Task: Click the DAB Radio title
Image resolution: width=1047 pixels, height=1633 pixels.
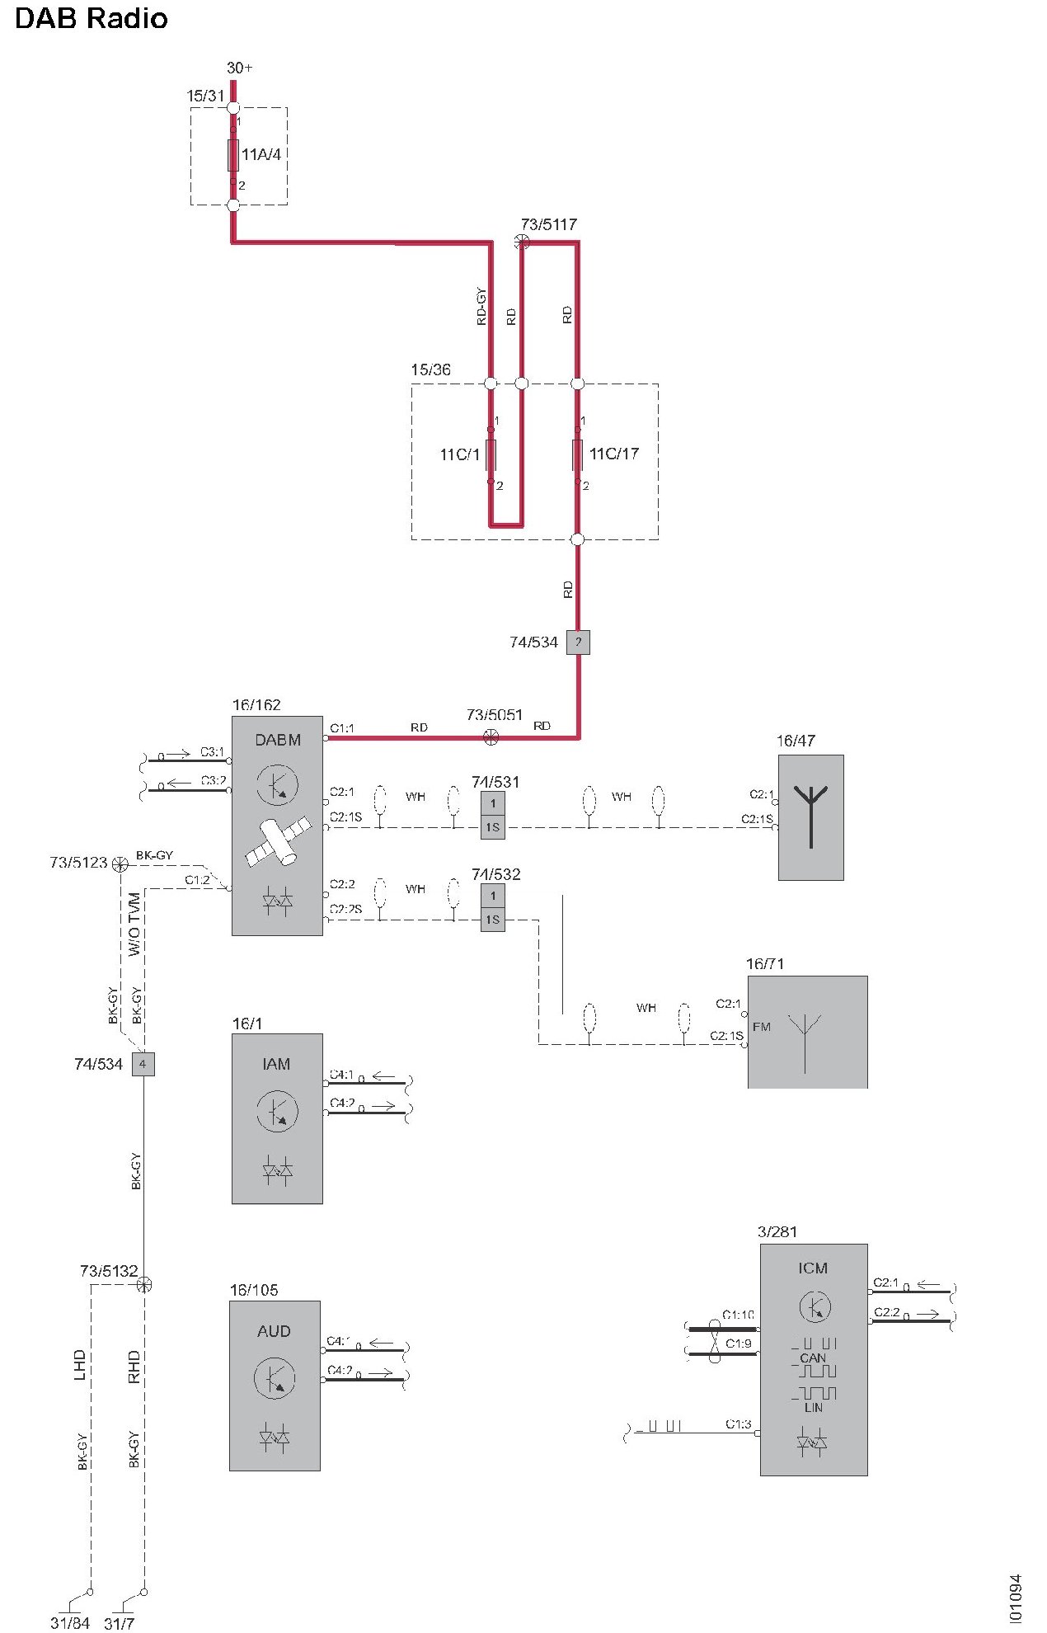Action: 91,18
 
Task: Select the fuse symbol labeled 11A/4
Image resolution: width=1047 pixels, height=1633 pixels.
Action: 233,155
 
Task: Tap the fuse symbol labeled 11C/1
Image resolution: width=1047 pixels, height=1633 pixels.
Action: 491,454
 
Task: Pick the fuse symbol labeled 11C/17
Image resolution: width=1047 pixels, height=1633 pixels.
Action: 577,454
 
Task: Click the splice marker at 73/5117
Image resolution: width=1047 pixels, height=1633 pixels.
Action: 521,242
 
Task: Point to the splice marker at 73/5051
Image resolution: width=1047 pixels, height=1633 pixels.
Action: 491,737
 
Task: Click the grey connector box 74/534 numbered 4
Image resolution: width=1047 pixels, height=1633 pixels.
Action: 143,1064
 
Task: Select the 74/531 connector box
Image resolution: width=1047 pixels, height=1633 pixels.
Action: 492,816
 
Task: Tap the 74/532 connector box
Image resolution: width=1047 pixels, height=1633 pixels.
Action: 492,908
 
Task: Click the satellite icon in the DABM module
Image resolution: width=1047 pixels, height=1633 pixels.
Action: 278,841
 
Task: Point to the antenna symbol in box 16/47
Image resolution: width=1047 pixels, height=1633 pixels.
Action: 811,816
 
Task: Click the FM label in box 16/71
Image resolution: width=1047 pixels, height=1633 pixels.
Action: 761,1027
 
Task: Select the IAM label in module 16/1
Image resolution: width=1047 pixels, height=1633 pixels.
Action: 276,1064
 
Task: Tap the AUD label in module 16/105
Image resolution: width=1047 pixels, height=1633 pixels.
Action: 274,1331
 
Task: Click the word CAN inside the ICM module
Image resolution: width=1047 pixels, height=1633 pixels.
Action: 813,1358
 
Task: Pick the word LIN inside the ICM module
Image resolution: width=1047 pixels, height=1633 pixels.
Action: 814,1407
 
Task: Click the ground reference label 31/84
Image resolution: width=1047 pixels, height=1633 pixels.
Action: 69,1623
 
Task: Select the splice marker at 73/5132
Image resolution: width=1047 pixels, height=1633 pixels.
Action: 144,1284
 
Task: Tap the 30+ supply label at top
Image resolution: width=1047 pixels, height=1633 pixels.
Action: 239,68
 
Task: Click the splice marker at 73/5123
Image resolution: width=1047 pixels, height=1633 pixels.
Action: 120,864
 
